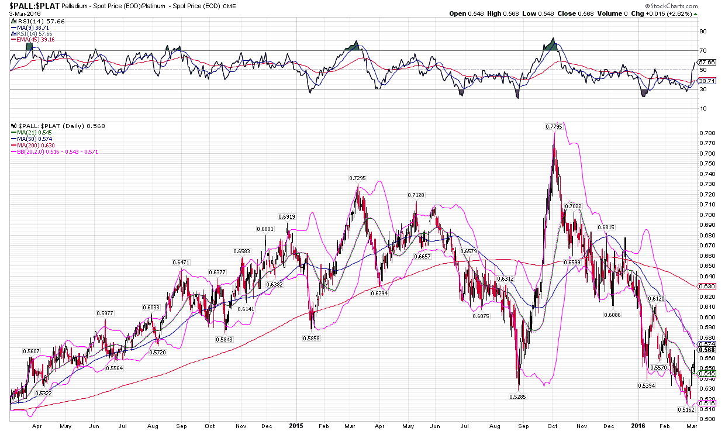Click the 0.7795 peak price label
(554, 126)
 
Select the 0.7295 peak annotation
(358, 178)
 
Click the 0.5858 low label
(311, 338)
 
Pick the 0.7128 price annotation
(416, 195)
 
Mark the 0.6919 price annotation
(286, 217)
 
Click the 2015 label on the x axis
(295, 426)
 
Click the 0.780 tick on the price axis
(707, 133)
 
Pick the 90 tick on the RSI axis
(703, 31)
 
